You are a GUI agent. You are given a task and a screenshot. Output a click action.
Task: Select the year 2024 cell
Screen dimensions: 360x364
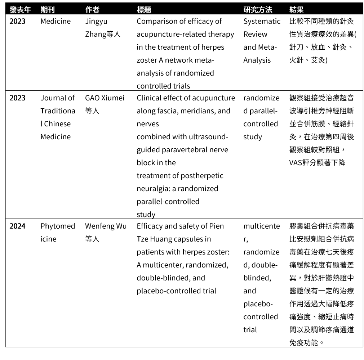pyautogui.click(x=17, y=226)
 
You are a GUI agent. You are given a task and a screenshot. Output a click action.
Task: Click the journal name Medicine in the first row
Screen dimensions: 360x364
pyautogui.click(x=56, y=21)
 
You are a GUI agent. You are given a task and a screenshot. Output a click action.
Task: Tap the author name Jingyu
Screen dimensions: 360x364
pyautogui.click(x=96, y=21)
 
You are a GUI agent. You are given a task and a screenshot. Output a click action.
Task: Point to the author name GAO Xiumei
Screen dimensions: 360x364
pyautogui.click(x=105, y=98)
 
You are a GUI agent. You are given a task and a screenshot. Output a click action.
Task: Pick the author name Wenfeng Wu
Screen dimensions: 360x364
pyautogui.click(x=106, y=226)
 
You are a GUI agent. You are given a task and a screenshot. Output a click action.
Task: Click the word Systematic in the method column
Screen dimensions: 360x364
pyautogui.click(x=262, y=21)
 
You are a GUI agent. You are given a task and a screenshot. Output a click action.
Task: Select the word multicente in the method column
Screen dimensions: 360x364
pyautogui.click(x=261, y=226)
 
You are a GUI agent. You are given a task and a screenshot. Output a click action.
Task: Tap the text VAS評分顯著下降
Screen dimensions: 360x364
pyautogui.click(x=317, y=162)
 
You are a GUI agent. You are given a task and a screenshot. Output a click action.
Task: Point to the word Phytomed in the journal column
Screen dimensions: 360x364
pyautogui.click(x=58, y=226)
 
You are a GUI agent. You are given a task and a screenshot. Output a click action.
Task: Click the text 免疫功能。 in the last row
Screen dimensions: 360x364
pyautogui.click(x=307, y=342)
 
